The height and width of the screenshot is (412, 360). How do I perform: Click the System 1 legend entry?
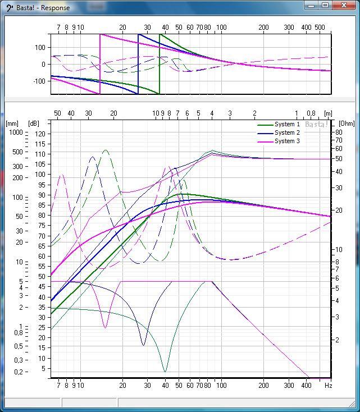point(287,125)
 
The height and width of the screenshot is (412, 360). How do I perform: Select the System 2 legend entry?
point(287,133)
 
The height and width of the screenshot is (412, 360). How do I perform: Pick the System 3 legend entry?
point(287,141)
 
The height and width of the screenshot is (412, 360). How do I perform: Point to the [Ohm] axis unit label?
point(347,123)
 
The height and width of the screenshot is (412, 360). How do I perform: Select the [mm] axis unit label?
point(12,123)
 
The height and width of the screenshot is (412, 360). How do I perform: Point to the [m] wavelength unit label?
point(327,114)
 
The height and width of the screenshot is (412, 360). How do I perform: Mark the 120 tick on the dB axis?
point(39,133)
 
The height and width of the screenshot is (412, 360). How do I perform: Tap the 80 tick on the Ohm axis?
point(339,132)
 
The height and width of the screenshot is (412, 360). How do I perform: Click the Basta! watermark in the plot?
point(316,125)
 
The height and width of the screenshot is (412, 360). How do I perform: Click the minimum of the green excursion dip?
point(165,371)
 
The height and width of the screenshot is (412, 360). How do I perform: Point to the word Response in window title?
point(55,8)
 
